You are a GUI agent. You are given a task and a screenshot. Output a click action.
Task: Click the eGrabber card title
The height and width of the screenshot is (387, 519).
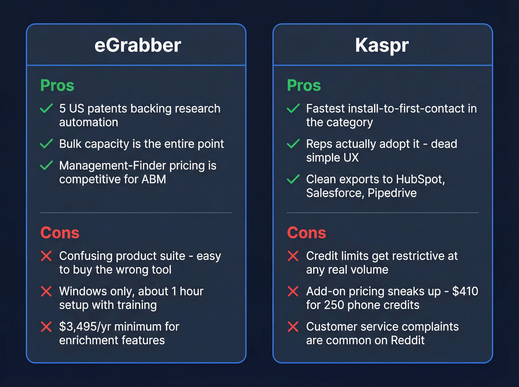138,45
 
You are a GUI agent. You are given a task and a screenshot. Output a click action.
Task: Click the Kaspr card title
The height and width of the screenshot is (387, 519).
382,45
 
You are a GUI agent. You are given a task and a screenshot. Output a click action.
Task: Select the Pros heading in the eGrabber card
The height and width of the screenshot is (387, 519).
57,86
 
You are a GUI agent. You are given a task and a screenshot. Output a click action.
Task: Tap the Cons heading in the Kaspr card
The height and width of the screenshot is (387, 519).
306,233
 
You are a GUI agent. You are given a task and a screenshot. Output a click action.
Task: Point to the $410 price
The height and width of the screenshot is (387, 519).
465,291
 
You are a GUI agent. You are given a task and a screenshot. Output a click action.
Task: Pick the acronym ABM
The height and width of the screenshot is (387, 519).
153,179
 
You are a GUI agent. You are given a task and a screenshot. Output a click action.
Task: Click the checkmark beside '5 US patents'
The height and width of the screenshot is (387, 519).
46,109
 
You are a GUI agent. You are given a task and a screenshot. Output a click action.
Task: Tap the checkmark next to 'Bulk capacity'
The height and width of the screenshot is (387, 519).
46,144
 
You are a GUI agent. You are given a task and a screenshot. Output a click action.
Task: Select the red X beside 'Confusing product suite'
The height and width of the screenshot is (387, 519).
46,256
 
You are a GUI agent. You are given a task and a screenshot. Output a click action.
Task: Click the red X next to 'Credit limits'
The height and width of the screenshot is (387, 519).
293,256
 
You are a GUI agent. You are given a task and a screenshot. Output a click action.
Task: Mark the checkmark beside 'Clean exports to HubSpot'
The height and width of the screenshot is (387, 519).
293,179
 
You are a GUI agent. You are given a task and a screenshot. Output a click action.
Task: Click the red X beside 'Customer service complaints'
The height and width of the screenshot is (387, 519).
293,327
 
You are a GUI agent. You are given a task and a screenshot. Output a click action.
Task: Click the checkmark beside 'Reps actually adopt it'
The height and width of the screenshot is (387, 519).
293,144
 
